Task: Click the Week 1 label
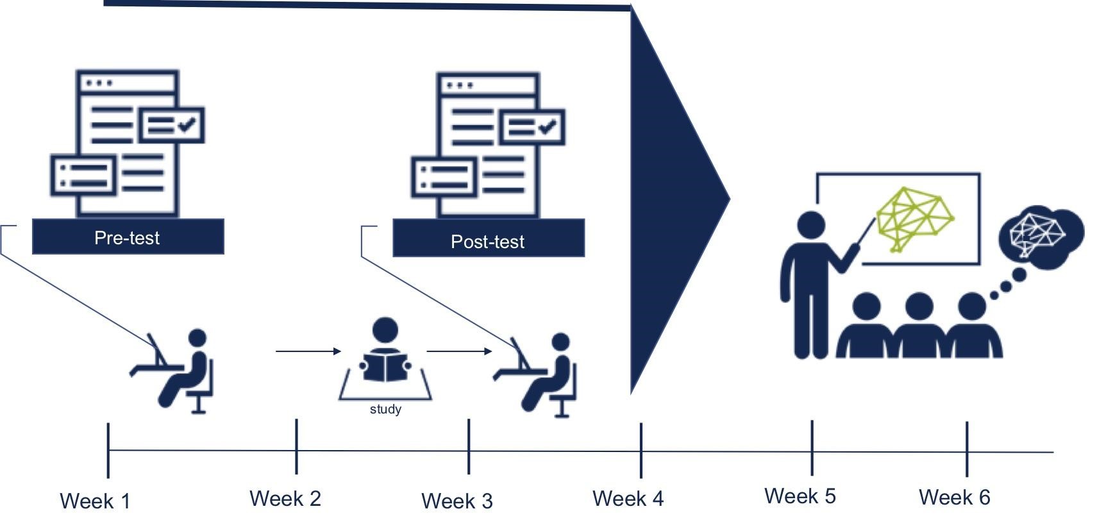[95, 501]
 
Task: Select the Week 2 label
[285, 498]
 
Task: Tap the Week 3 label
[457, 501]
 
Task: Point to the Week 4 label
[628, 498]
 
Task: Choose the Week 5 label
[800, 496]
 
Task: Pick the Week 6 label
[955, 497]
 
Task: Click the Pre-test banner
[128, 237]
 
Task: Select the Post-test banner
[488, 241]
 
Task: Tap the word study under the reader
[385, 409]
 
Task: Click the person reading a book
[385, 353]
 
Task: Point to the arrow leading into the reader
[308, 351]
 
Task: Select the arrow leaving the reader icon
[459, 351]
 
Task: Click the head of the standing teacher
[811, 227]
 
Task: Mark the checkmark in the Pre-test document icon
[187, 124]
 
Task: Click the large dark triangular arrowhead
[673, 199]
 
